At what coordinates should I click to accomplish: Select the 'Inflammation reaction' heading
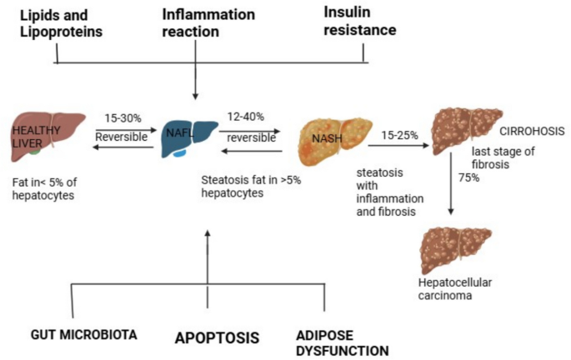click(196, 24)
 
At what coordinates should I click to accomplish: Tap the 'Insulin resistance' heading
click(361, 24)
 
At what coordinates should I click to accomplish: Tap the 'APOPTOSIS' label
click(217, 338)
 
